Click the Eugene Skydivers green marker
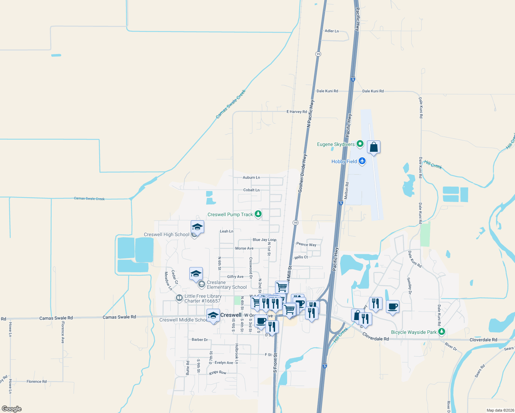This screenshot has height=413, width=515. pyautogui.click(x=360, y=144)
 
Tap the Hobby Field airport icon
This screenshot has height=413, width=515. pyautogui.click(x=362, y=161)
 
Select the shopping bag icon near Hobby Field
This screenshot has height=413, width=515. pyautogui.click(x=374, y=148)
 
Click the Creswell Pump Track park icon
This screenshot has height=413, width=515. pyautogui.click(x=258, y=214)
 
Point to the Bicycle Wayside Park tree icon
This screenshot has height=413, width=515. pyautogui.click(x=442, y=332)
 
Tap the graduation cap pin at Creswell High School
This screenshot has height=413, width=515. pyautogui.click(x=197, y=227)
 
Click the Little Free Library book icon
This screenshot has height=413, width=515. pyautogui.click(x=179, y=298)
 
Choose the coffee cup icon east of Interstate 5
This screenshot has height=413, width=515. pyautogui.click(x=392, y=307)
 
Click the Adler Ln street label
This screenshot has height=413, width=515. pyautogui.click(x=332, y=31)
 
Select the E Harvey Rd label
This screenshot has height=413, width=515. pyautogui.click(x=296, y=112)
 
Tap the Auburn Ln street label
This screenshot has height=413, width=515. pyautogui.click(x=251, y=178)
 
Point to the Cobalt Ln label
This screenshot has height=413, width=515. pyautogui.click(x=251, y=190)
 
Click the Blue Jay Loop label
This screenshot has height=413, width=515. pyautogui.click(x=264, y=240)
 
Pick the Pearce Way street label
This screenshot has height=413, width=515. pyautogui.click(x=306, y=244)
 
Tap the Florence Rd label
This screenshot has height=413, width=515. pyautogui.click(x=36, y=381)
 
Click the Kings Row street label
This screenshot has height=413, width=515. pyautogui.click(x=218, y=373)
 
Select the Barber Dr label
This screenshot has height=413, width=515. pyautogui.click(x=200, y=340)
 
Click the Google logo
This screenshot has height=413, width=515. pyautogui.click(x=12, y=409)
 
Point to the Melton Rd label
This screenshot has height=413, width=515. pyautogui.click(x=347, y=191)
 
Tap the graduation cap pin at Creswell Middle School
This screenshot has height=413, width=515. pyautogui.click(x=213, y=315)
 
